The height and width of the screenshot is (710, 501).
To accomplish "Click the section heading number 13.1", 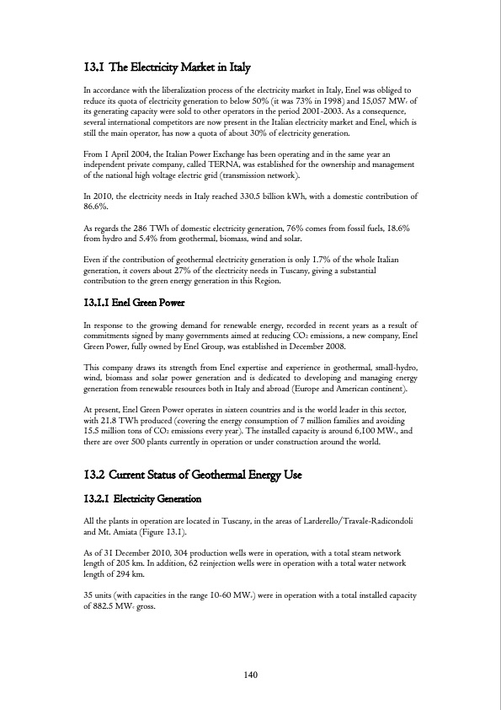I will click(97, 67).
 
